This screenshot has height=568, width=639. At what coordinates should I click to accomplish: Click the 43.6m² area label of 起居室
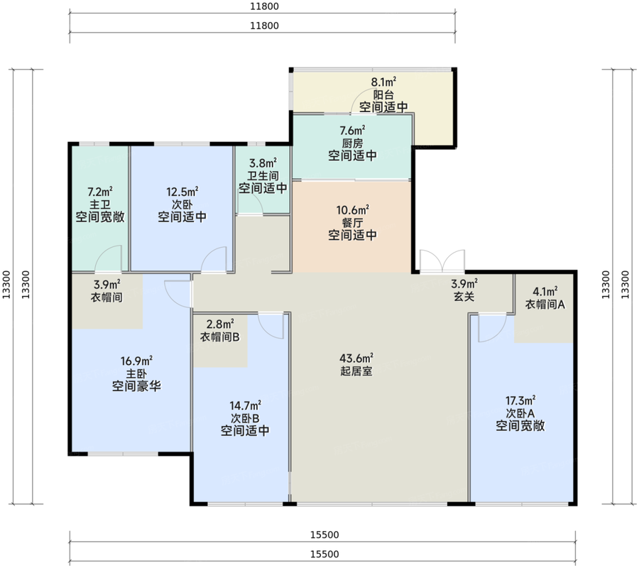pyautogui.click(x=356, y=358)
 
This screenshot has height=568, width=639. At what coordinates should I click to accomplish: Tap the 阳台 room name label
pyautogui.click(x=383, y=95)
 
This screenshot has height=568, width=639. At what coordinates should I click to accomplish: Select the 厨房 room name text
pyautogui.click(x=352, y=143)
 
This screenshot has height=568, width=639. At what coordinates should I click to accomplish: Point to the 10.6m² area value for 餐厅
pyautogui.click(x=352, y=210)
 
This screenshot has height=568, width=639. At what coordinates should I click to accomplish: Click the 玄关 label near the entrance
pyautogui.click(x=464, y=296)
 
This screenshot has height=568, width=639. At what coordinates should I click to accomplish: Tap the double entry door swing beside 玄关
pyautogui.click(x=442, y=261)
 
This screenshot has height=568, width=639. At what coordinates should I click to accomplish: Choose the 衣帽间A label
pyautogui.click(x=545, y=305)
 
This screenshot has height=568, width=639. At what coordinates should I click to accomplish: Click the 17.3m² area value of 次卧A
pyautogui.click(x=520, y=400)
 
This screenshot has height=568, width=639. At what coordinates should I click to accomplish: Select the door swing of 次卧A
pyautogui.click(x=491, y=327)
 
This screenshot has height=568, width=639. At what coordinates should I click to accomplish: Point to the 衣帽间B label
pyautogui.click(x=219, y=337)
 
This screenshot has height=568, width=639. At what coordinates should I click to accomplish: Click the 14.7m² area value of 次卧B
pyautogui.click(x=245, y=405)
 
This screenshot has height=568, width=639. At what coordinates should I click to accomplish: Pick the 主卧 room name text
pyautogui.click(x=136, y=373)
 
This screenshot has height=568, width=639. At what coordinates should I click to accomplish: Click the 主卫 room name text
pyautogui.click(x=100, y=204)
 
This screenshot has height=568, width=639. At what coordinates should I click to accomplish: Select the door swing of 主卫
pyautogui.click(x=108, y=258)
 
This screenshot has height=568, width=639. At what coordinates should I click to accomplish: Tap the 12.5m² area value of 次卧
pyautogui.click(x=182, y=191)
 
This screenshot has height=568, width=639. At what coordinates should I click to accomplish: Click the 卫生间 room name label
pyautogui.click(x=263, y=176)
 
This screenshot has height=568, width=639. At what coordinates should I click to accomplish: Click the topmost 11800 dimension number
pyautogui.click(x=264, y=6)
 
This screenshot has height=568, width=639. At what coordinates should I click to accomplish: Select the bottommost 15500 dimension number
pyautogui.click(x=324, y=554)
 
